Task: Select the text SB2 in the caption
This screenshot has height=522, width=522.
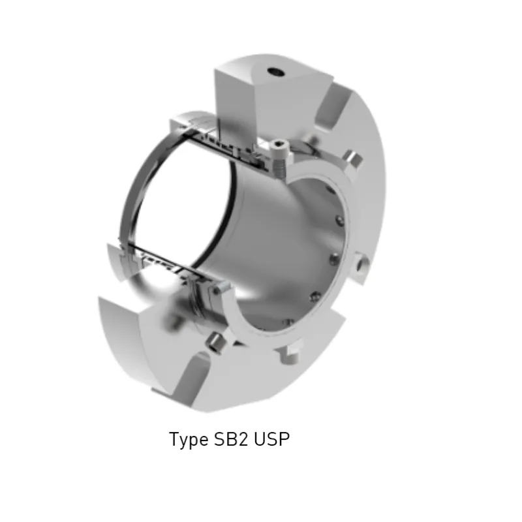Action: tap(230, 439)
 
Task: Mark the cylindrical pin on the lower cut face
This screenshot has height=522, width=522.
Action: tap(213, 341)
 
